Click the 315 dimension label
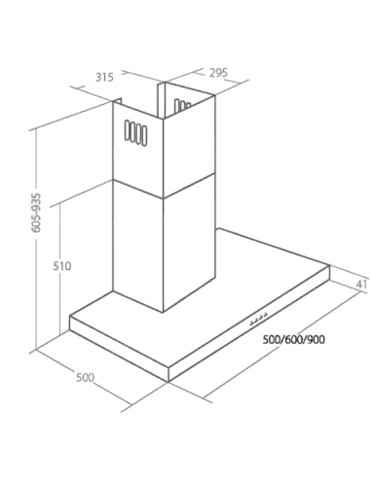click(x=104, y=78)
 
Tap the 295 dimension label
click(x=218, y=73)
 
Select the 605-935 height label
click(x=36, y=213)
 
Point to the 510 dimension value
click(x=62, y=266)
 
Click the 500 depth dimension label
click(x=85, y=377)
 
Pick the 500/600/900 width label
click(x=293, y=340)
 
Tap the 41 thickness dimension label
click(x=361, y=284)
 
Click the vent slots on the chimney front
click(x=135, y=133)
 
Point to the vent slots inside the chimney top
click(x=182, y=106)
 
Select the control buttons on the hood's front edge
click(x=259, y=319)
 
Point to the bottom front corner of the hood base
click(x=168, y=382)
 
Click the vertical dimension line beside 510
click(x=60, y=269)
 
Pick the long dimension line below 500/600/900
click(x=281, y=345)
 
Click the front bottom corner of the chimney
click(x=164, y=313)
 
